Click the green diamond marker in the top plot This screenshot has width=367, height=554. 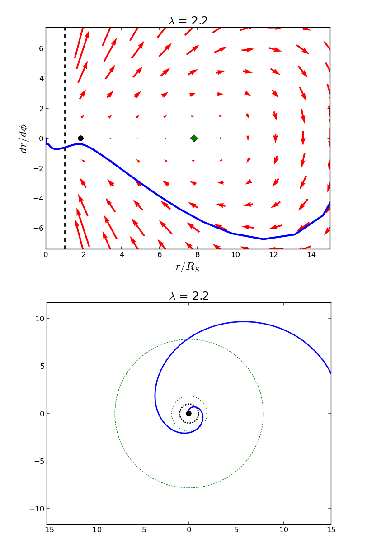[194, 138]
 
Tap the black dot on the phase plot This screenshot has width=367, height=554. [80, 138]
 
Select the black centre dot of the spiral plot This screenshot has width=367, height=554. [188, 413]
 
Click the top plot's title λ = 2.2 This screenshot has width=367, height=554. [188, 21]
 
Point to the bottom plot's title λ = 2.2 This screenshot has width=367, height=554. [189, 296]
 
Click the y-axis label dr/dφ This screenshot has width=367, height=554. [24, 138]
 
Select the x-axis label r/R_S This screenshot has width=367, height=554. [188, 267]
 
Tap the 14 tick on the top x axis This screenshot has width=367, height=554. [311, 255]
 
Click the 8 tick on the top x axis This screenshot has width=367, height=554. [198, 255]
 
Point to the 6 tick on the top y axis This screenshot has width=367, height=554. [40, 48]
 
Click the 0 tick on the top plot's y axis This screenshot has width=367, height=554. [40, 138]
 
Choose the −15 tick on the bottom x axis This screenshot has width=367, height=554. [47, 530]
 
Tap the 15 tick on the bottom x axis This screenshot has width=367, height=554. [331, 530]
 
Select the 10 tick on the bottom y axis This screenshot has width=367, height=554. [40, 319]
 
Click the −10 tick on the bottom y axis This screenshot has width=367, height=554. [38, 508]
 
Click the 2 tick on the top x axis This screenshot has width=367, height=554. [84, 255]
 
